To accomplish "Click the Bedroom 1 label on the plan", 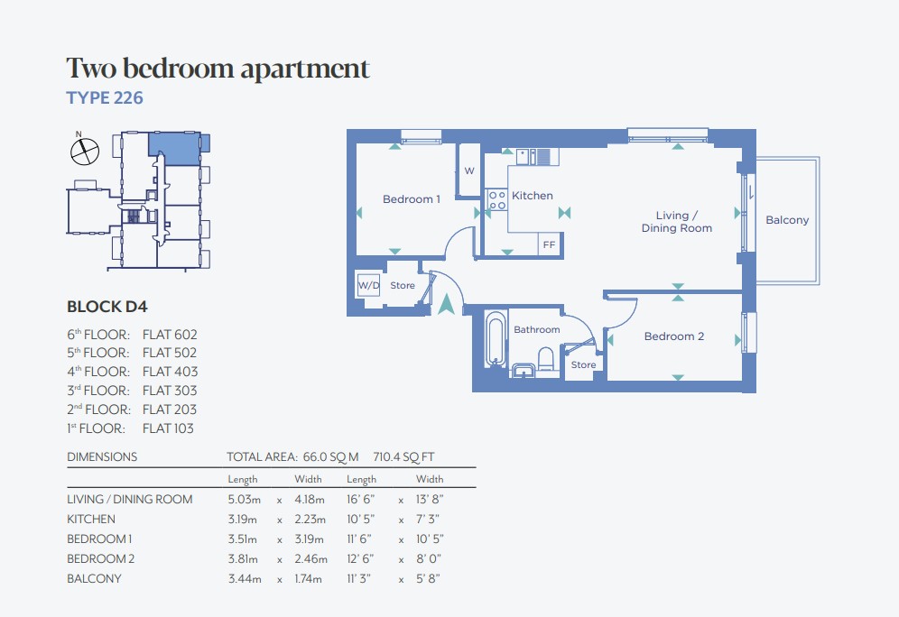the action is tap(411, 199).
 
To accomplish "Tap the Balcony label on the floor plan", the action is tap(787, 220).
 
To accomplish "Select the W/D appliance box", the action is tap(368, 285).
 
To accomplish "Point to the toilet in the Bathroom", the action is tap(546, 360).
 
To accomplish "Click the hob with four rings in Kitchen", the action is tap(496, 200).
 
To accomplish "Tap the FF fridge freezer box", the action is tap(550, 244).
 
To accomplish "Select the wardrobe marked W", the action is tap(469, 170).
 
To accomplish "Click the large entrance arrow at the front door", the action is tap(446, 304).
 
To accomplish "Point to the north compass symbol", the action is tap(84, 150).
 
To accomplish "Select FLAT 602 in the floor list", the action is tap(170, 335).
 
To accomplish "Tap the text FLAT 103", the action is tap(168, 428).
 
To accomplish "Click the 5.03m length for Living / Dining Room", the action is tap(245, 500).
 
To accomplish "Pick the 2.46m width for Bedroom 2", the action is tap(310, 558).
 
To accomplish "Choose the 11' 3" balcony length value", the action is tap(359, 578).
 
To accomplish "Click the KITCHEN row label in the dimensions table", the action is tap(91, 519).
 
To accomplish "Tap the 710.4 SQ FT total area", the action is tap(403, 457).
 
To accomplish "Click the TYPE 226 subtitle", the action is tap(105, 98).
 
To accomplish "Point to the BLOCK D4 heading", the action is tap(107, 307).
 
